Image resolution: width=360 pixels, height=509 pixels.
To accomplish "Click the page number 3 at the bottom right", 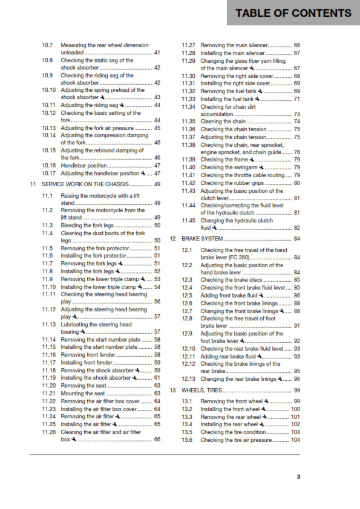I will pos(298,477).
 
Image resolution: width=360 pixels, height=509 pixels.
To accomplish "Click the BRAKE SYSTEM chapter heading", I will pos(203,239).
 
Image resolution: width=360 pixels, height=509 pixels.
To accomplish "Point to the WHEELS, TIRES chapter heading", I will pos(202,391).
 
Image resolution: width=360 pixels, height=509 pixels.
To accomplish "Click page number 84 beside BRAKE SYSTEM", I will pos(297,239).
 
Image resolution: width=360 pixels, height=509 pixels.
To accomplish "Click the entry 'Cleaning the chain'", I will pos(223,122).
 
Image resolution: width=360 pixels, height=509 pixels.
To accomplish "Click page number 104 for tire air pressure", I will pos(295,440).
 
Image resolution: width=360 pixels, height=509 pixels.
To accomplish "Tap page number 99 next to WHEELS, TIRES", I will pos(297,391).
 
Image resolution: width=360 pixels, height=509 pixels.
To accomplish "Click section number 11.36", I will pos(188,129).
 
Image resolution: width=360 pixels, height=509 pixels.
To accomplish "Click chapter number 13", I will pos(172,391).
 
